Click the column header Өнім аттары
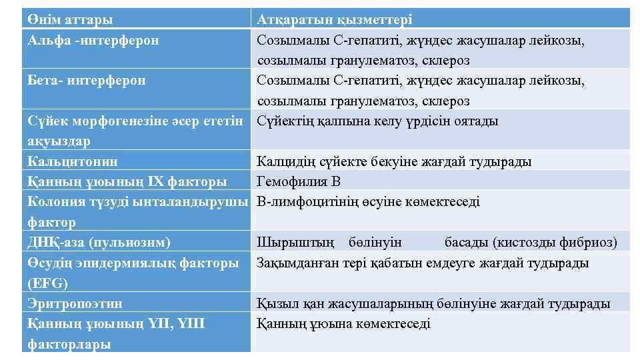70,20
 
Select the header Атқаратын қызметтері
334,20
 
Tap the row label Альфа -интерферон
93,41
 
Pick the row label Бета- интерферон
87,81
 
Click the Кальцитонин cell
73,161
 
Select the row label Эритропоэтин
75,303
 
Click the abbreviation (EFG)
47,283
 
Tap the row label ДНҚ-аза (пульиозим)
99,242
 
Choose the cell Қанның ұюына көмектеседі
343,324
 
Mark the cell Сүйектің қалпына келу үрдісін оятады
377,121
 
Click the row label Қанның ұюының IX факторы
127,181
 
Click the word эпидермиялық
125,263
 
